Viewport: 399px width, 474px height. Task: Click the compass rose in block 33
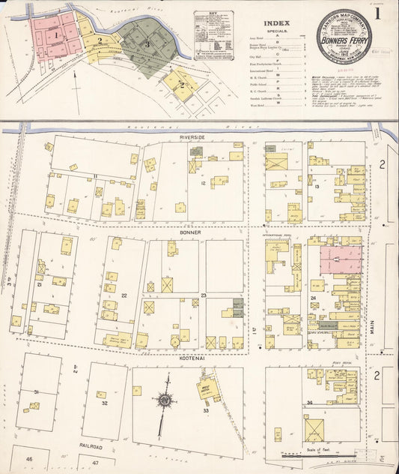[x=164, y=400]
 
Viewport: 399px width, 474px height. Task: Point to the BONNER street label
[x=192, y=232]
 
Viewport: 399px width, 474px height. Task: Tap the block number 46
[x=29, y=458]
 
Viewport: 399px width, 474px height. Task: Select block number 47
[x=95, y=463]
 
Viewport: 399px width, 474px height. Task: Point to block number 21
[x=38, y=285]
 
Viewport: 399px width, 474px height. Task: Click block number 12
[x=202, y=184]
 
